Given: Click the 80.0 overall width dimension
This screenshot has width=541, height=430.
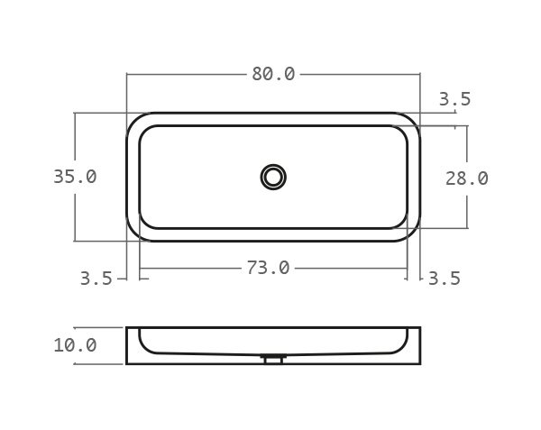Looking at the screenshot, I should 273,74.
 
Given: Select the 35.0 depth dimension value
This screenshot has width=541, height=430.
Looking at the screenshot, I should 75,177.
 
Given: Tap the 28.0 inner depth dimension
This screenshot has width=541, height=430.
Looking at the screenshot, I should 467,178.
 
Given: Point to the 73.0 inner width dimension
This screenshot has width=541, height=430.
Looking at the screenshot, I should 268,268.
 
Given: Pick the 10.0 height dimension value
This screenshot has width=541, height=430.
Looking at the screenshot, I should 75,345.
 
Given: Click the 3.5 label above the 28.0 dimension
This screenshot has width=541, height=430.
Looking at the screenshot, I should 454,100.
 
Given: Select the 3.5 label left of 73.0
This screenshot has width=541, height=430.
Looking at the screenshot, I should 96,279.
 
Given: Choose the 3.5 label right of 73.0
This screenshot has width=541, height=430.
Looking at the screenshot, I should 444,279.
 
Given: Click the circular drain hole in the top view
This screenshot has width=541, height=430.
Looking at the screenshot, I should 273,177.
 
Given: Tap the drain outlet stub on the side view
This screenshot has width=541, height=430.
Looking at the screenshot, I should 273,359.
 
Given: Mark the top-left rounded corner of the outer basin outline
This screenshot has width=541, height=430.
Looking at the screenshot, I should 133,120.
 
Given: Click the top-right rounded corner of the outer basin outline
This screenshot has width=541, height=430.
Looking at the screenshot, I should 413,120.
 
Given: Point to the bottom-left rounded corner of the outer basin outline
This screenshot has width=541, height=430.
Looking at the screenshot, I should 133,234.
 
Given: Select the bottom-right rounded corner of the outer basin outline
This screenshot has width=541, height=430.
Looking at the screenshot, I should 413,234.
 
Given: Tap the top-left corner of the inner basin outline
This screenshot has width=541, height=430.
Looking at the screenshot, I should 145,132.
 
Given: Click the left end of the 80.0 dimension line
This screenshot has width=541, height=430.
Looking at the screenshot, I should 127,74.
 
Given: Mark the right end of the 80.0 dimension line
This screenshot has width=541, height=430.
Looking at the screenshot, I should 420,74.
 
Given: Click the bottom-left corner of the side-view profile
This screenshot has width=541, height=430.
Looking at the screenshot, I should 127,363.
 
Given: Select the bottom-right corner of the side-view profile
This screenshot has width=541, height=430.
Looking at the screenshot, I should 419,363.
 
